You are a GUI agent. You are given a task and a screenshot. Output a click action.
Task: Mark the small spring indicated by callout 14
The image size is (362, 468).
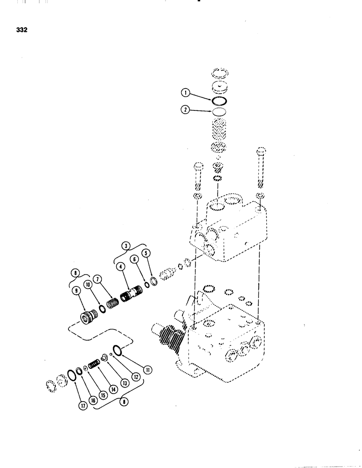(95, 363)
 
